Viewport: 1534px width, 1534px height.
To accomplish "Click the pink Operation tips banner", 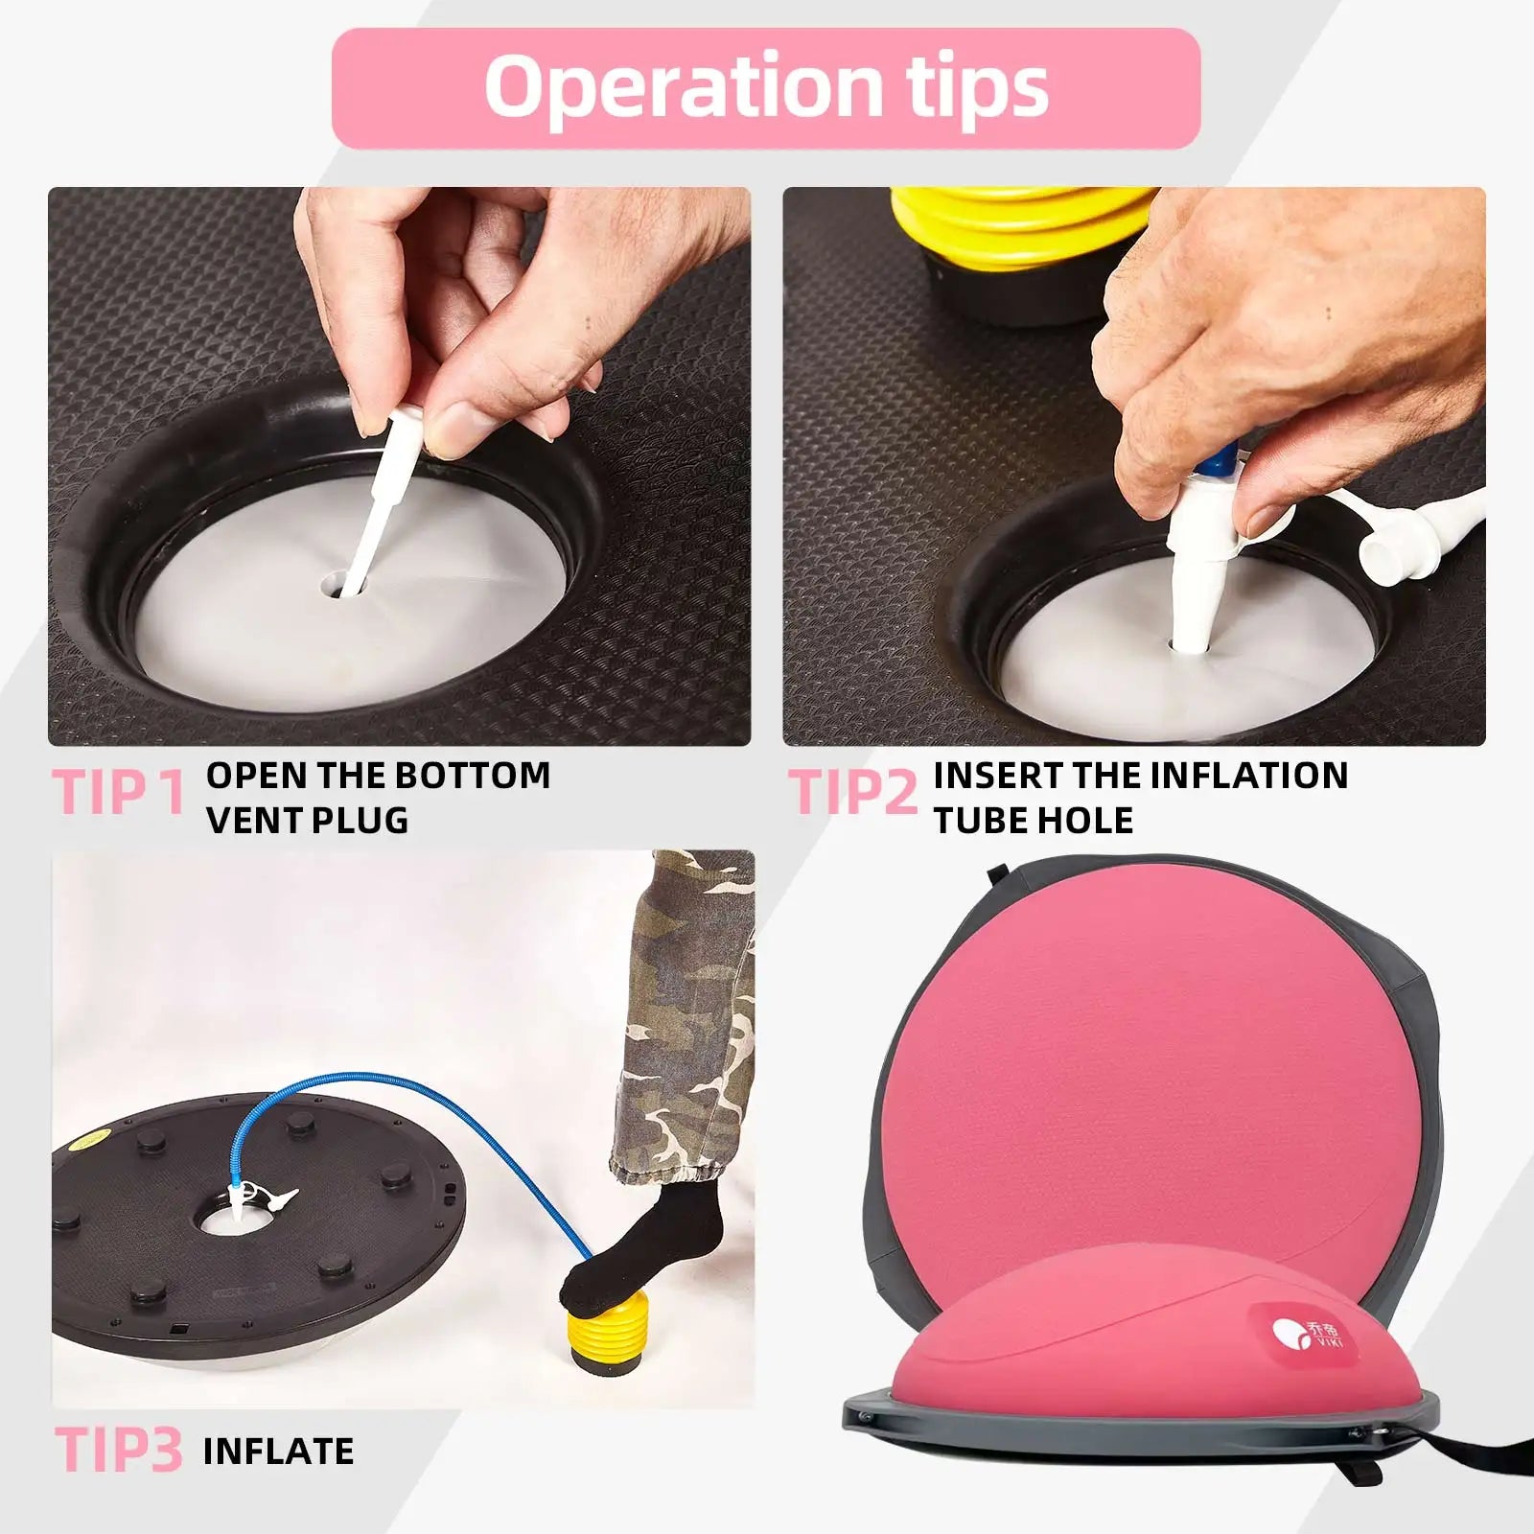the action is pos(766,88).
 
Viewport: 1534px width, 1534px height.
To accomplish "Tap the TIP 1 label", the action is pos(119,793).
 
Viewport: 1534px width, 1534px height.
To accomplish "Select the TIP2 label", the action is pos(854,793).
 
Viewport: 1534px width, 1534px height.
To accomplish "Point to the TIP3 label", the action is pos(118,1449).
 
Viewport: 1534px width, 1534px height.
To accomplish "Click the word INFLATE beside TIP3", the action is pos(279,1451).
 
